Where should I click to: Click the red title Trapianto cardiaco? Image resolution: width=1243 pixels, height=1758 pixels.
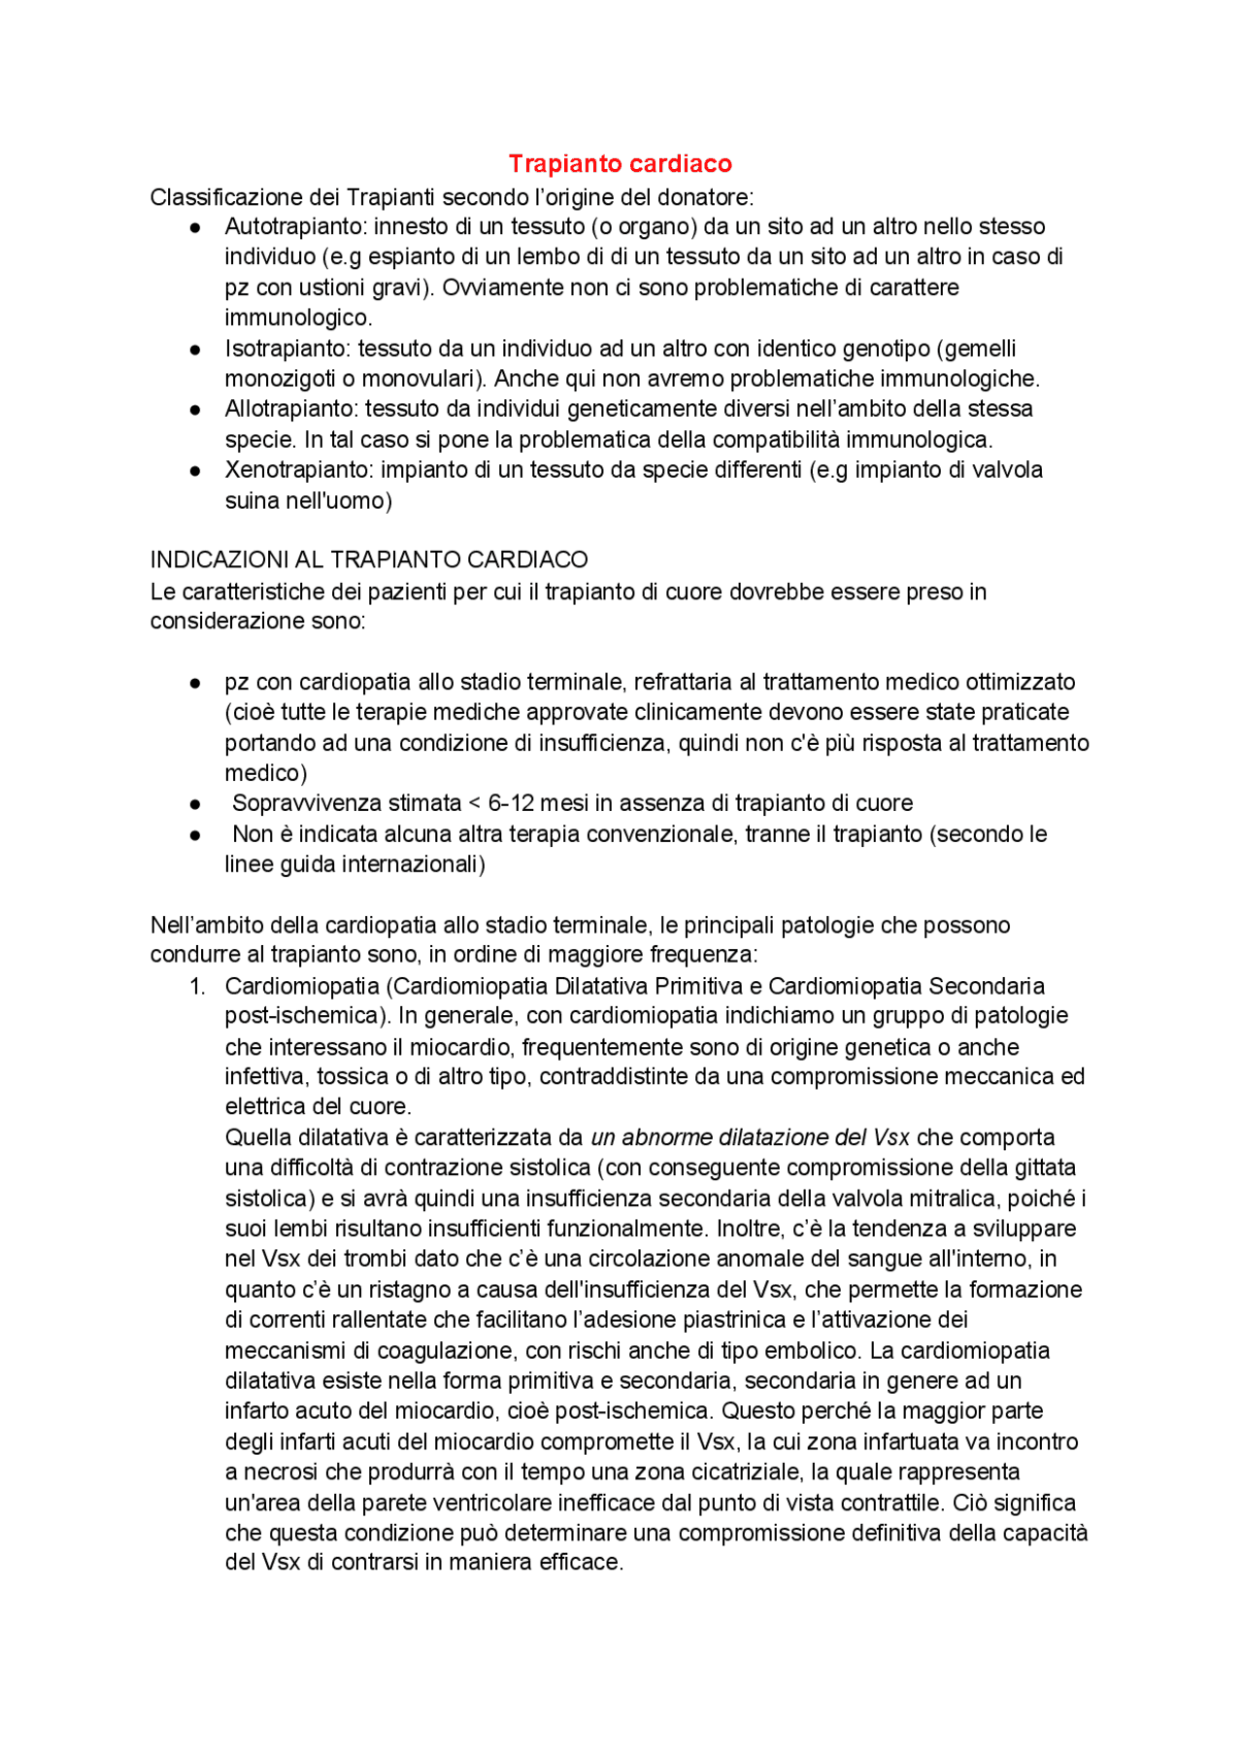click(620, 163)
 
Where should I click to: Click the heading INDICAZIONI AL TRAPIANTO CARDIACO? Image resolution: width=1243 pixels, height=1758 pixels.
click(369, 559)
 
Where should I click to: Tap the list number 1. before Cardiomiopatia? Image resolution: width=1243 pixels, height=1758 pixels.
click(197, 986)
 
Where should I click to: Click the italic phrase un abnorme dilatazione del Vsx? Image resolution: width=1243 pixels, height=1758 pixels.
click(750, 1137)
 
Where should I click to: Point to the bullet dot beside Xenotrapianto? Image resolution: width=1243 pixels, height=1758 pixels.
click(195, 471)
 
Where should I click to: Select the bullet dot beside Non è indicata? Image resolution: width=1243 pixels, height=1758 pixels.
click(195, 835)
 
